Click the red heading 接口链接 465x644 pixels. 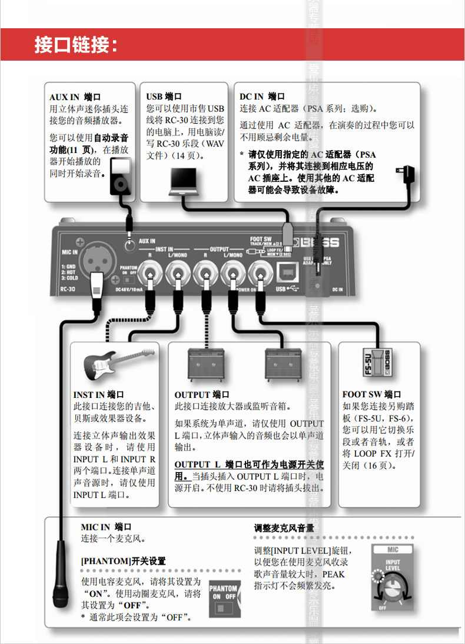tap(76, 45)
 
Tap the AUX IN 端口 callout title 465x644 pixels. tap(75, 97)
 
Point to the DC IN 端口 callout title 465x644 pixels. tap(262, 97)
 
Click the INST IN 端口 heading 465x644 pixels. tap(98, 394)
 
